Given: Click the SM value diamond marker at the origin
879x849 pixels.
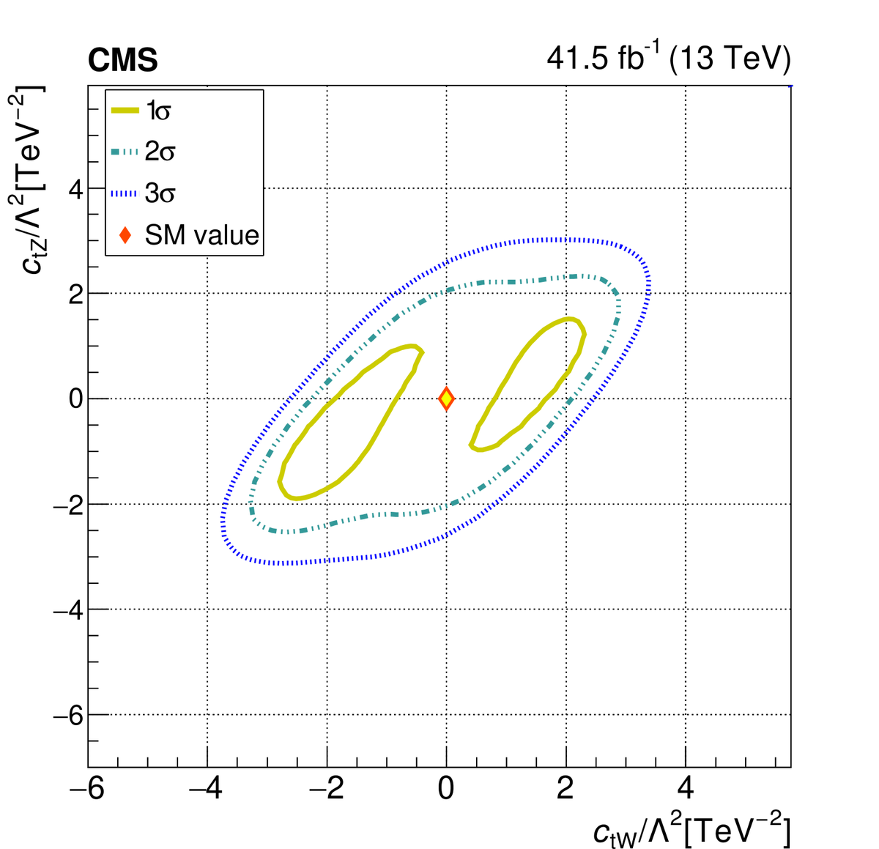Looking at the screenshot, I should coord(446,398).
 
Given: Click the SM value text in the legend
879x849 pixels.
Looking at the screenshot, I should coord(202,235).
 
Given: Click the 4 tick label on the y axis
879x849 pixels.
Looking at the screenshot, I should coord(74,189).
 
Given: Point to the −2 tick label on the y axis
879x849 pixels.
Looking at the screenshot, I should coord(68,505).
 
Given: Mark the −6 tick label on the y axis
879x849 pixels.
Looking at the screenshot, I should coord(68,715).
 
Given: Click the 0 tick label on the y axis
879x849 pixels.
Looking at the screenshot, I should coord(74,399).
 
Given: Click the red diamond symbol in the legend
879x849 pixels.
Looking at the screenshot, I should coord(125,235).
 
